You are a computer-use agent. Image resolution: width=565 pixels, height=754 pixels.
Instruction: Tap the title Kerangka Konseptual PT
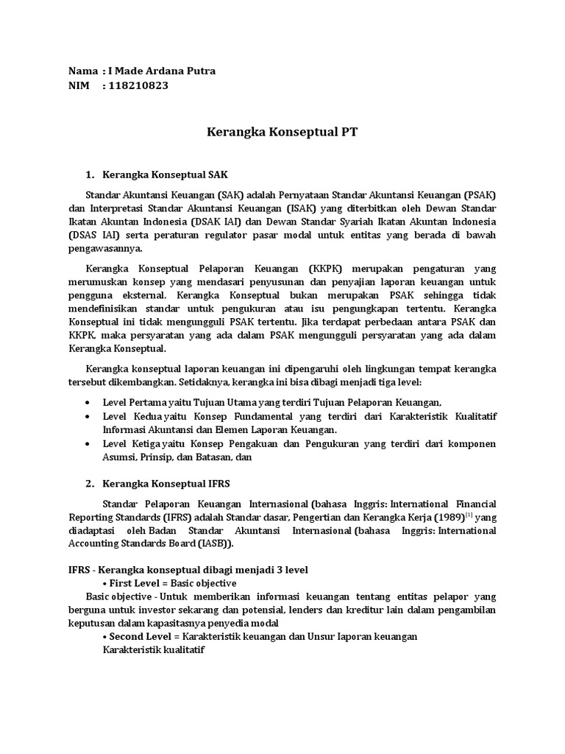tap(282, 133)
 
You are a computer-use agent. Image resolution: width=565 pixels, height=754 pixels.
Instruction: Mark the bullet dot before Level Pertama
tap(89, 402)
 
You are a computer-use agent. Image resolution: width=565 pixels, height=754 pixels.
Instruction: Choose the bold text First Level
tap(138, 582)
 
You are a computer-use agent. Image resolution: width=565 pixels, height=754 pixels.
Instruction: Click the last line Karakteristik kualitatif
tap(153, 650)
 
